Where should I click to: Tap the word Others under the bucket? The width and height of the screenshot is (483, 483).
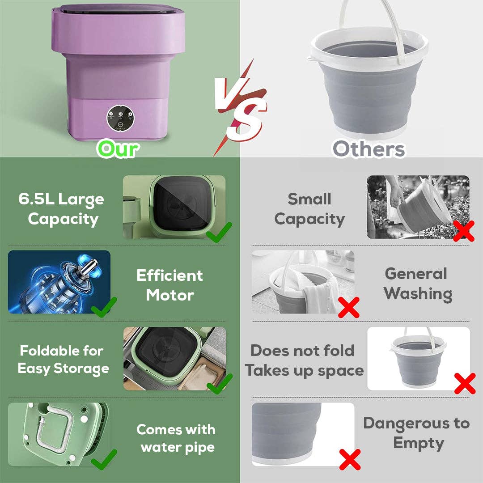[369, 148]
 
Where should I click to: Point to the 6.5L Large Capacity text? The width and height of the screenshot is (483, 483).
[62, 209]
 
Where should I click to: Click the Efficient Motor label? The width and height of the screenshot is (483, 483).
[169, 285]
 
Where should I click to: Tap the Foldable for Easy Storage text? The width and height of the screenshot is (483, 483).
[63, 360]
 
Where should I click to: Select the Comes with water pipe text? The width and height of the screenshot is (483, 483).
[176, 438]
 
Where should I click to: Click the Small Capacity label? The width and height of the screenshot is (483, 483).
[309, 209]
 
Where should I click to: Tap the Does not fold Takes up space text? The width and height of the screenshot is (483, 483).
[304, 360]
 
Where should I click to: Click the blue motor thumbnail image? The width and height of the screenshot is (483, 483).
[59, 282]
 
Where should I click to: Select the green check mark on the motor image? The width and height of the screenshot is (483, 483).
[104, 307]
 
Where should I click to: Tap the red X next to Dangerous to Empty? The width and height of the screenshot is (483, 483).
[350, 459]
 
